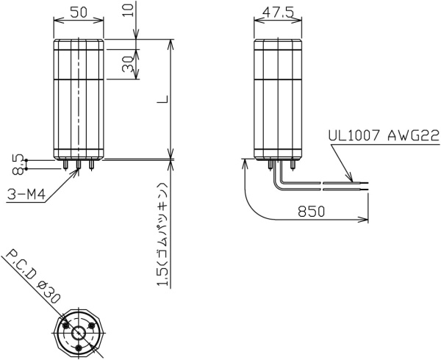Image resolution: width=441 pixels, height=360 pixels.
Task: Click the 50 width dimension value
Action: (79, 12)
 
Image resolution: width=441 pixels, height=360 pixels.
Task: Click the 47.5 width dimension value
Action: (278, 12)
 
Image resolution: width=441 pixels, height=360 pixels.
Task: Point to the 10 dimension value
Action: (129, 9)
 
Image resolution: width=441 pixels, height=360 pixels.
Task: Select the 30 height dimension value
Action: (127, 64)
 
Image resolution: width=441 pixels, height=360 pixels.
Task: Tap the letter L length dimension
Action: (162, 99)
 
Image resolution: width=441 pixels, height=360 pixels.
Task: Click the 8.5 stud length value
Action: (19, 165)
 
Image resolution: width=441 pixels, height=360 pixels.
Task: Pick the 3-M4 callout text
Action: (26, 195)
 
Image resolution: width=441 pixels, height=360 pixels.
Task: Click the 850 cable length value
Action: (312, 212)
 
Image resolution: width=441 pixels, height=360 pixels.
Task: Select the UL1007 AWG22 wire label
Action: (384, 136)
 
